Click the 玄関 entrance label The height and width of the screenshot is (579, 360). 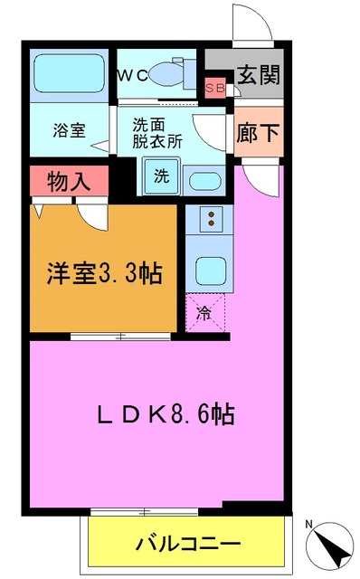tap(257, 76)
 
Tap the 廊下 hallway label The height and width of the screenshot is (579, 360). tap(257, 130)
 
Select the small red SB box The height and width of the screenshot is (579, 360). tap(216, 88)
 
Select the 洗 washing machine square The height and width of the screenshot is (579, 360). tap(160, 176)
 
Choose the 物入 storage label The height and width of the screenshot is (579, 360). tap(69, 180)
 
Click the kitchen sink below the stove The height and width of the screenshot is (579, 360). tap(210, 270)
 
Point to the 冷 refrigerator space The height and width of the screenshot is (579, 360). tap(204, 315)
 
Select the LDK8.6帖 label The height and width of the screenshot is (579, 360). tap(166, 415)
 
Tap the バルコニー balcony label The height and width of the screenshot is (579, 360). tap(187, 545)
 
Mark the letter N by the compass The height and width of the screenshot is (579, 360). tap(309, 525)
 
